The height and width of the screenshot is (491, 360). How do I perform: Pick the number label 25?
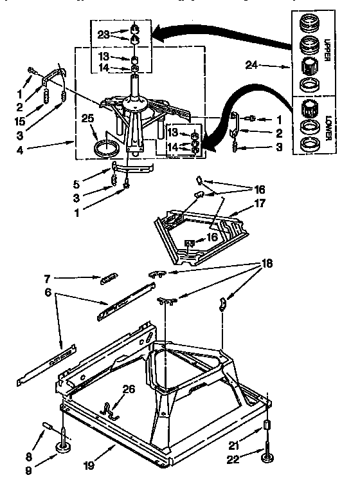click(x=88, y=118)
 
